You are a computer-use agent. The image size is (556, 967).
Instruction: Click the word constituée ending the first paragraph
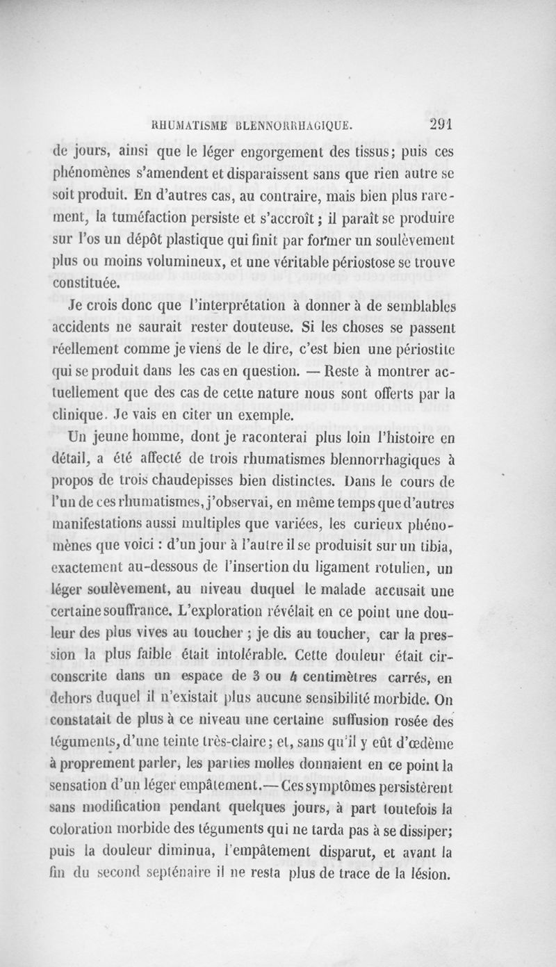point(88,284)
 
